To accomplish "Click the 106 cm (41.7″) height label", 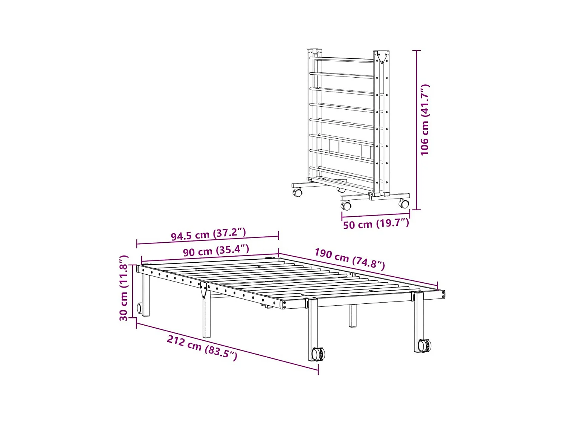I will (425, 120).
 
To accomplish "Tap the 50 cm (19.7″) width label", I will (376, 224).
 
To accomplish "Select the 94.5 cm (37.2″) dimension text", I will (208, 234).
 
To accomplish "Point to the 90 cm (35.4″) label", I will (216, 251).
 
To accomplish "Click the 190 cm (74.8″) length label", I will (350, 259).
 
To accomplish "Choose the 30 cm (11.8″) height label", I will (124, 288).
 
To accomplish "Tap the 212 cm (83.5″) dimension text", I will (202, 347).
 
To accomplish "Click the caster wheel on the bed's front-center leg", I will (318, 354).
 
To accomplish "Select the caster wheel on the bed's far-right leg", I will (425, 345).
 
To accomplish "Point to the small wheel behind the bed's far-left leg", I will (139, 308).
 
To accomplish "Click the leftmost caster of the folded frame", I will (298, 193).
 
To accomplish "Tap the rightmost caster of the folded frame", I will (404, 204).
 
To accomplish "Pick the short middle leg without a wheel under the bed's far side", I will (352, 315).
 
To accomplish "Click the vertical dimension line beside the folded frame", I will (416, 130).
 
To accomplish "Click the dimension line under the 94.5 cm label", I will (208, 240).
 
